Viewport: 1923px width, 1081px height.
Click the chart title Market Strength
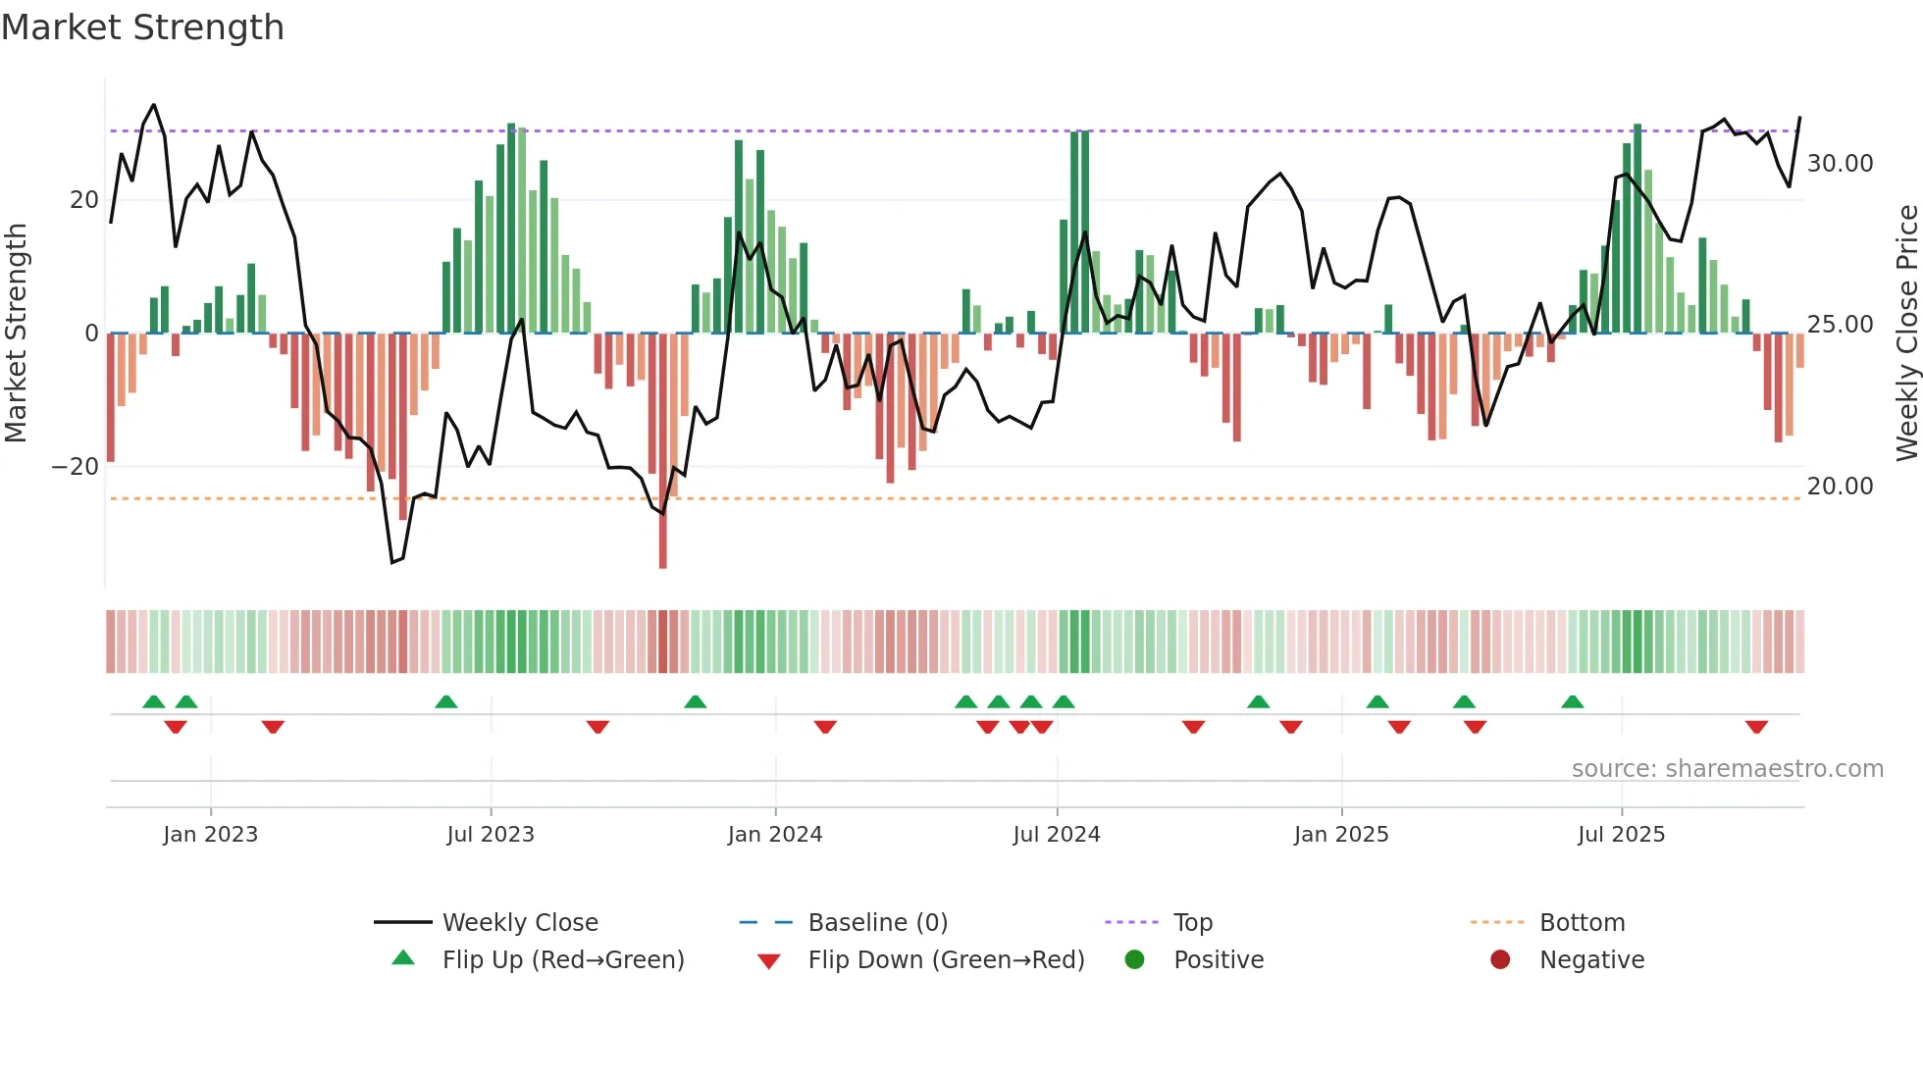coord(142,27)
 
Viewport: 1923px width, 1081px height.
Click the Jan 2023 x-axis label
coord(210,834)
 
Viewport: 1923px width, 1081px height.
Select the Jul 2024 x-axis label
coord(1056,834)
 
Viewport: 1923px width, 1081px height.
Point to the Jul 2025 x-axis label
coord(1621,834)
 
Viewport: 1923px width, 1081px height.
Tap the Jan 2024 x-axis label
coord(774,834)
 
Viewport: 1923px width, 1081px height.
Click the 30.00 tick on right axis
coord(1840,164)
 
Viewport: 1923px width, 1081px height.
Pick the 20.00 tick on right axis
coord(1840,487)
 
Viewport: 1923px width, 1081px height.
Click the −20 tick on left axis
coord(76,467)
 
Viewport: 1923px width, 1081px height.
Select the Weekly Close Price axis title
coord(1906,333)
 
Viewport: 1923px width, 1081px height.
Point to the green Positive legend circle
coord(1134,959)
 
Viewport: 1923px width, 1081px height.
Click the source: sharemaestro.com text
coord(1727,768)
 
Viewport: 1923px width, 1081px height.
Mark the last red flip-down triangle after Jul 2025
coord(1756,727)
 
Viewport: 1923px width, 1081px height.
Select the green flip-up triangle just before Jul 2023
coord(445,701)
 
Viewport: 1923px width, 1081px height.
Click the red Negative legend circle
coord(1500,959)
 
